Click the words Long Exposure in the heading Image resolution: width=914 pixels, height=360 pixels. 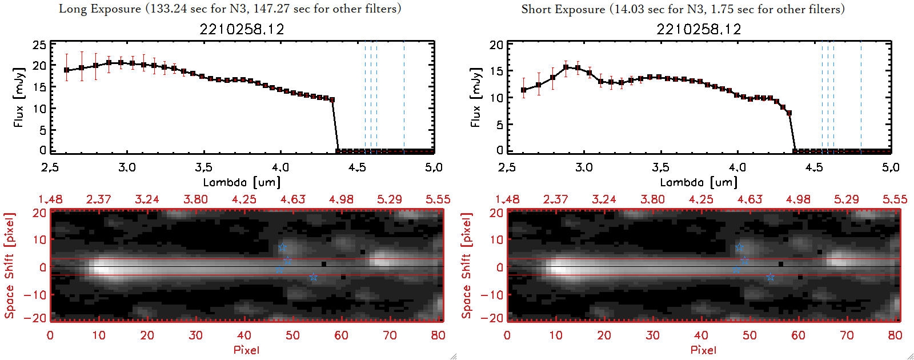point(100,9)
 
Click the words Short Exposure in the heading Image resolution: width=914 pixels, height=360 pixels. point(563,9)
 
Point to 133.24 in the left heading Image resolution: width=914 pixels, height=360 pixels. point(166,9)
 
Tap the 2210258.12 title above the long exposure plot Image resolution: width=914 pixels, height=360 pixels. point(242,29)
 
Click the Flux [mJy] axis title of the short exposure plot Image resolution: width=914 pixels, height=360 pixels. point(476,97)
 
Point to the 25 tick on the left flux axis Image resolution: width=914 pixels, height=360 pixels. point(39,45)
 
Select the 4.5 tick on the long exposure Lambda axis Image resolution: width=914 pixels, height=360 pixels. point(357,167)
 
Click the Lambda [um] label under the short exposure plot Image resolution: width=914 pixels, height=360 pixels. point(699,182)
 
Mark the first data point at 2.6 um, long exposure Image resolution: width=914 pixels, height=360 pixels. point(66,70)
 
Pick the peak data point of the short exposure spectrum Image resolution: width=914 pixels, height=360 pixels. point(566,67)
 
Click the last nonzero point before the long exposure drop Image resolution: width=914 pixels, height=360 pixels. point(332,99)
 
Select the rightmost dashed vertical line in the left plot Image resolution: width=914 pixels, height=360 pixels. point(404,97)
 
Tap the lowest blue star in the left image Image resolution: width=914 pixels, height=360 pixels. point(313,277)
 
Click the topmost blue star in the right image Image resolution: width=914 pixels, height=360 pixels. point(739,247)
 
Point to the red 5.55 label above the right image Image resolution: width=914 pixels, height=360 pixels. point(895,199)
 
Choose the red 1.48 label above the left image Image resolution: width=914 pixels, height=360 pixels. point(50,199)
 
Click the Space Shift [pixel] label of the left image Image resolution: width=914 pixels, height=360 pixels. point(9,266)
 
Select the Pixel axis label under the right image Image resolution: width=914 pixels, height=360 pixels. point(703,350)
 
